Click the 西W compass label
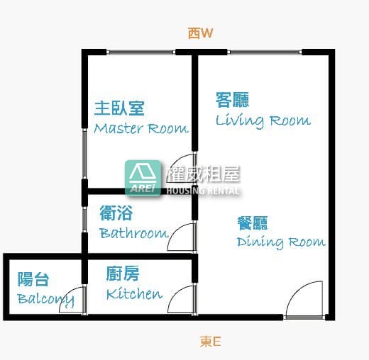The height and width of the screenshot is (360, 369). [x=200, y=33]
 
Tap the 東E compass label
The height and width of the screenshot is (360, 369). [x=210, y=342]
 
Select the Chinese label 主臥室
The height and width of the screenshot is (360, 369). [x=119, y=108]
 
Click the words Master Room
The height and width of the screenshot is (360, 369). [x=141, y=129]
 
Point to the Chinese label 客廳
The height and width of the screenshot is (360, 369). [x=232, y=100]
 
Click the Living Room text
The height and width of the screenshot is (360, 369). [x=263, y=121]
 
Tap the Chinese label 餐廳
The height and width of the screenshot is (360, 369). [x=253, y=223]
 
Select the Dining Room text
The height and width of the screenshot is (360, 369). [x=281, y=242]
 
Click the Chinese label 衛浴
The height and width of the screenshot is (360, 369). [x=116, y=213]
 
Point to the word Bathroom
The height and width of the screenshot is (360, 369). [x=134, y=233]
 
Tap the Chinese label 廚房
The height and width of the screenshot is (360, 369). [x=123, y=274]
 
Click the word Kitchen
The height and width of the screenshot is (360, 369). [x=134, y=294]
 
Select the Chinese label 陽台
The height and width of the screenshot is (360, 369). [x=33, y=279]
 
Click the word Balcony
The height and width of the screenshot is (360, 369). [x=45, y=300]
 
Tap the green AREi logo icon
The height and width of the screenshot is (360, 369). [x=143, y=178]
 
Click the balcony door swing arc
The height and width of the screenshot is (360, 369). [x=67, y=294]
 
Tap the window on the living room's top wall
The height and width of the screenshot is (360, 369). [x=265, y=52]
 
